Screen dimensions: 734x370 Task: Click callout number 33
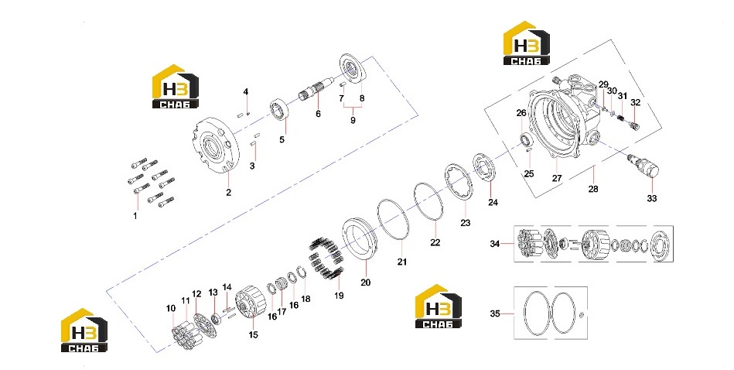[651, 199]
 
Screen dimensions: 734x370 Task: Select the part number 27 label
[557, 179]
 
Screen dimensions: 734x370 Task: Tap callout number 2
[228, 193]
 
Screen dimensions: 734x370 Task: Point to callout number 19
[339, 296]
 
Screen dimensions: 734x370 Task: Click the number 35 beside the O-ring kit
[495, 313]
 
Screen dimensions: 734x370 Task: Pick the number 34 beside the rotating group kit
[495, 244]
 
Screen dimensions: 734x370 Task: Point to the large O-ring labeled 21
[394, 220]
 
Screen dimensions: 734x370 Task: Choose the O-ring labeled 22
[428, 202]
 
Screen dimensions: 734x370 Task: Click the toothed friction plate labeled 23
[459, 182]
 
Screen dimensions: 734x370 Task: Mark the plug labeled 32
[635, 124]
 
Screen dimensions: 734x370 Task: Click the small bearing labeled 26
[527, 139]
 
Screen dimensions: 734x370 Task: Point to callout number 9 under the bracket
[353, 120]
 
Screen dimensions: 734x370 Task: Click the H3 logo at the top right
[527, 43]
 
